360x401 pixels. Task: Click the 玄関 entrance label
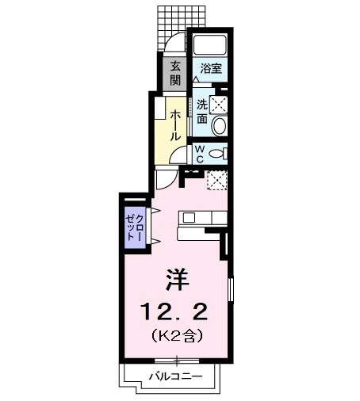(x=175, y=73)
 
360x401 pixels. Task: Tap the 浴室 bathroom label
(x=211, y=68)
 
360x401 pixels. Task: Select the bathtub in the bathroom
(x=210, y=45)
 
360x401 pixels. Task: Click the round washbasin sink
(x=220, y=126)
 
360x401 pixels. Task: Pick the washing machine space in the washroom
(x=218, y=105)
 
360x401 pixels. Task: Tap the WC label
(x=200, y=155)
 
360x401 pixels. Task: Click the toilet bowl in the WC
(x=216, y=154)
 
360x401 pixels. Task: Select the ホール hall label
(x=175, y=125)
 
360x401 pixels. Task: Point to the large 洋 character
(x=178, y=280)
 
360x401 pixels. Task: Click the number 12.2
(x=174, y=311)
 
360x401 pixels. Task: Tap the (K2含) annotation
(x=177, y=335)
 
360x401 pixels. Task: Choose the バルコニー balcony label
(x=175, y=376)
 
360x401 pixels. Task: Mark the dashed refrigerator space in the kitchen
(x=216, y=180)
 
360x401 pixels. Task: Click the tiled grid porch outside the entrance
(x=182, y=25)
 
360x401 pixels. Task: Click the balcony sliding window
(x=177, y=361)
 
